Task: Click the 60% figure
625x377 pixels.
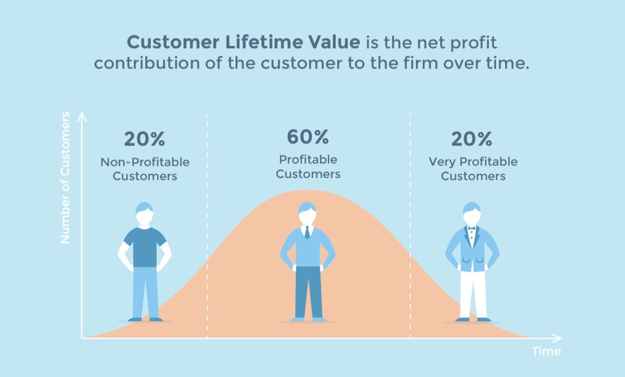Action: pyautogui.click(x=308, y=137)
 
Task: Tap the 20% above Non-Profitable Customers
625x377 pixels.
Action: pyautogui.click(x=145, y=139)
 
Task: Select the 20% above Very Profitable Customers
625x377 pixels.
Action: pyautogui.click(x=473, y=139)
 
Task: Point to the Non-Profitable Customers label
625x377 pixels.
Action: pyautogui.click(x=145, y=169)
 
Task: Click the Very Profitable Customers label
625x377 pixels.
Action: pyautogui.click(x=473, y=169)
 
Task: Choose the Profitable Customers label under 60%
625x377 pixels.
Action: pyautogui.click(x=308, y=167)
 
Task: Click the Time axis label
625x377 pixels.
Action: pyautogui.click(x=546, y=351)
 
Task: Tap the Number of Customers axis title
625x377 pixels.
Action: pyautogui.click(x=65, y=177)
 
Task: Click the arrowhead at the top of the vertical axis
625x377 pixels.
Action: pyautogui.click(x=81, y=115)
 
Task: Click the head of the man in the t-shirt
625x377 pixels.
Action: pyautogui.click(x=145, y=214)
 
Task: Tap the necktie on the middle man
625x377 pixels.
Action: pyautogui.click(x=307, y=232)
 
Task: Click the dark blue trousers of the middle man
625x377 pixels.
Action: pyautogui.click(x=308, y=291)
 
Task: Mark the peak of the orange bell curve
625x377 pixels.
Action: pyautogui.click(x=308, y=191)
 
